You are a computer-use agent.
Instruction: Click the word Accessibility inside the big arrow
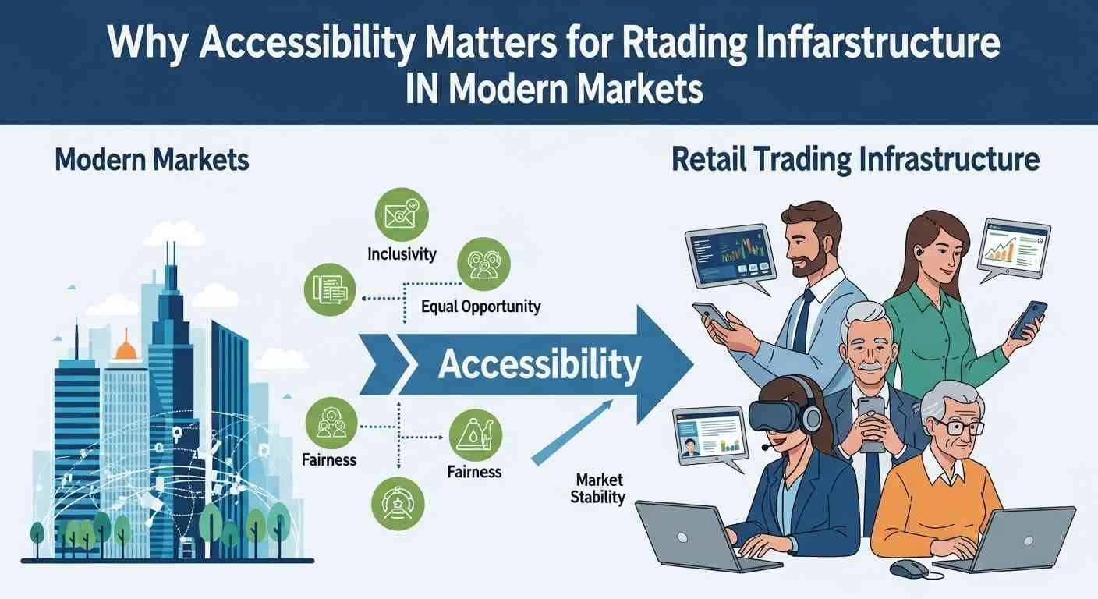coord(540,363)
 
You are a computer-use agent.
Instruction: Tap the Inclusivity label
coord(402,254)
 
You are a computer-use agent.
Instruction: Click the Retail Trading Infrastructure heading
coord(855,160)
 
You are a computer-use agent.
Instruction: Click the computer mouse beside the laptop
coord(909,569)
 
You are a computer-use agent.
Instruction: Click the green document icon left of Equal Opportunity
coord(329,290)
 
